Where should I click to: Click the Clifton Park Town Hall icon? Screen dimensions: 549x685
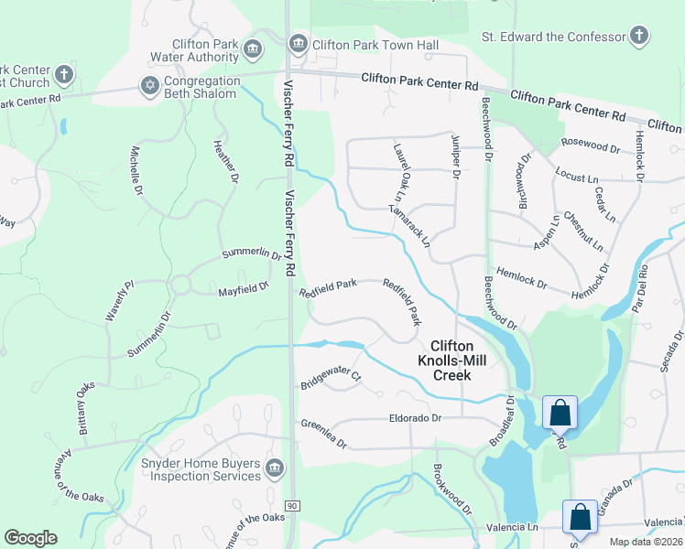(298, 45)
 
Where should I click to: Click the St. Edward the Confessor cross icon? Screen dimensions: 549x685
(639, 37)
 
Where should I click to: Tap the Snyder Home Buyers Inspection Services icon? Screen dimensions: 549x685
(274, 469)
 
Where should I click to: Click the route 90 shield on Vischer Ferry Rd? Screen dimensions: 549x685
(292, 505)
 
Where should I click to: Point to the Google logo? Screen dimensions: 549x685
(30, 538)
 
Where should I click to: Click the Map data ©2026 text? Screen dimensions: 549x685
(645, 542)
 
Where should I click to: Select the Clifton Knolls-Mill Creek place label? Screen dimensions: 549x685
(451, 361)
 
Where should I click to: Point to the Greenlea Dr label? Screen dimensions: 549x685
(324, 434)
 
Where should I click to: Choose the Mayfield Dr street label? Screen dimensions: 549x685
(243, 288)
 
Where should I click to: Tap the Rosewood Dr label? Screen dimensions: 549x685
(592, 145)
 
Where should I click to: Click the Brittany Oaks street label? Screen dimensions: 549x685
(85, 408)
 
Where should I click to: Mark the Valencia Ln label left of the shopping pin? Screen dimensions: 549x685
(506, 527)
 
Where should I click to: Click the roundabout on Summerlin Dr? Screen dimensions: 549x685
(179, 285)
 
